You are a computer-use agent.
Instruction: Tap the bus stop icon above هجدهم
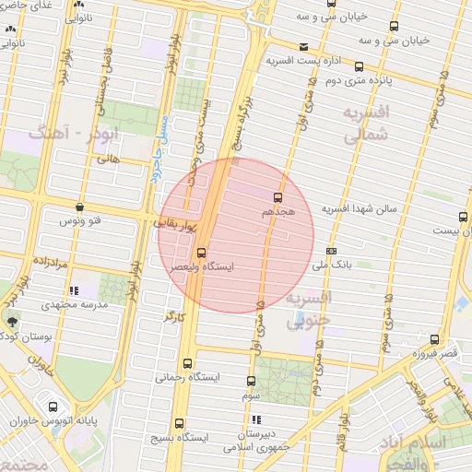coord(277,196)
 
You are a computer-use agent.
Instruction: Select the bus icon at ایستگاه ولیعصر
coord(201,253)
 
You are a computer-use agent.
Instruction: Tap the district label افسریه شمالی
coord(367,124)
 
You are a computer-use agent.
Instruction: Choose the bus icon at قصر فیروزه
coord(434,339)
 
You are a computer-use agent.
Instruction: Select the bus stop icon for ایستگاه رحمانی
coord(189,364)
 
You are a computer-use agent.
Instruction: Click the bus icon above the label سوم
coord(251,381)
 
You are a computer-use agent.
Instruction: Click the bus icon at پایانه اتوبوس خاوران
coord(52,407)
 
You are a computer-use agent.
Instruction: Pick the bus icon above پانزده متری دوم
coord(359,66)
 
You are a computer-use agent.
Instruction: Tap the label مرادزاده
coord(52,263)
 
